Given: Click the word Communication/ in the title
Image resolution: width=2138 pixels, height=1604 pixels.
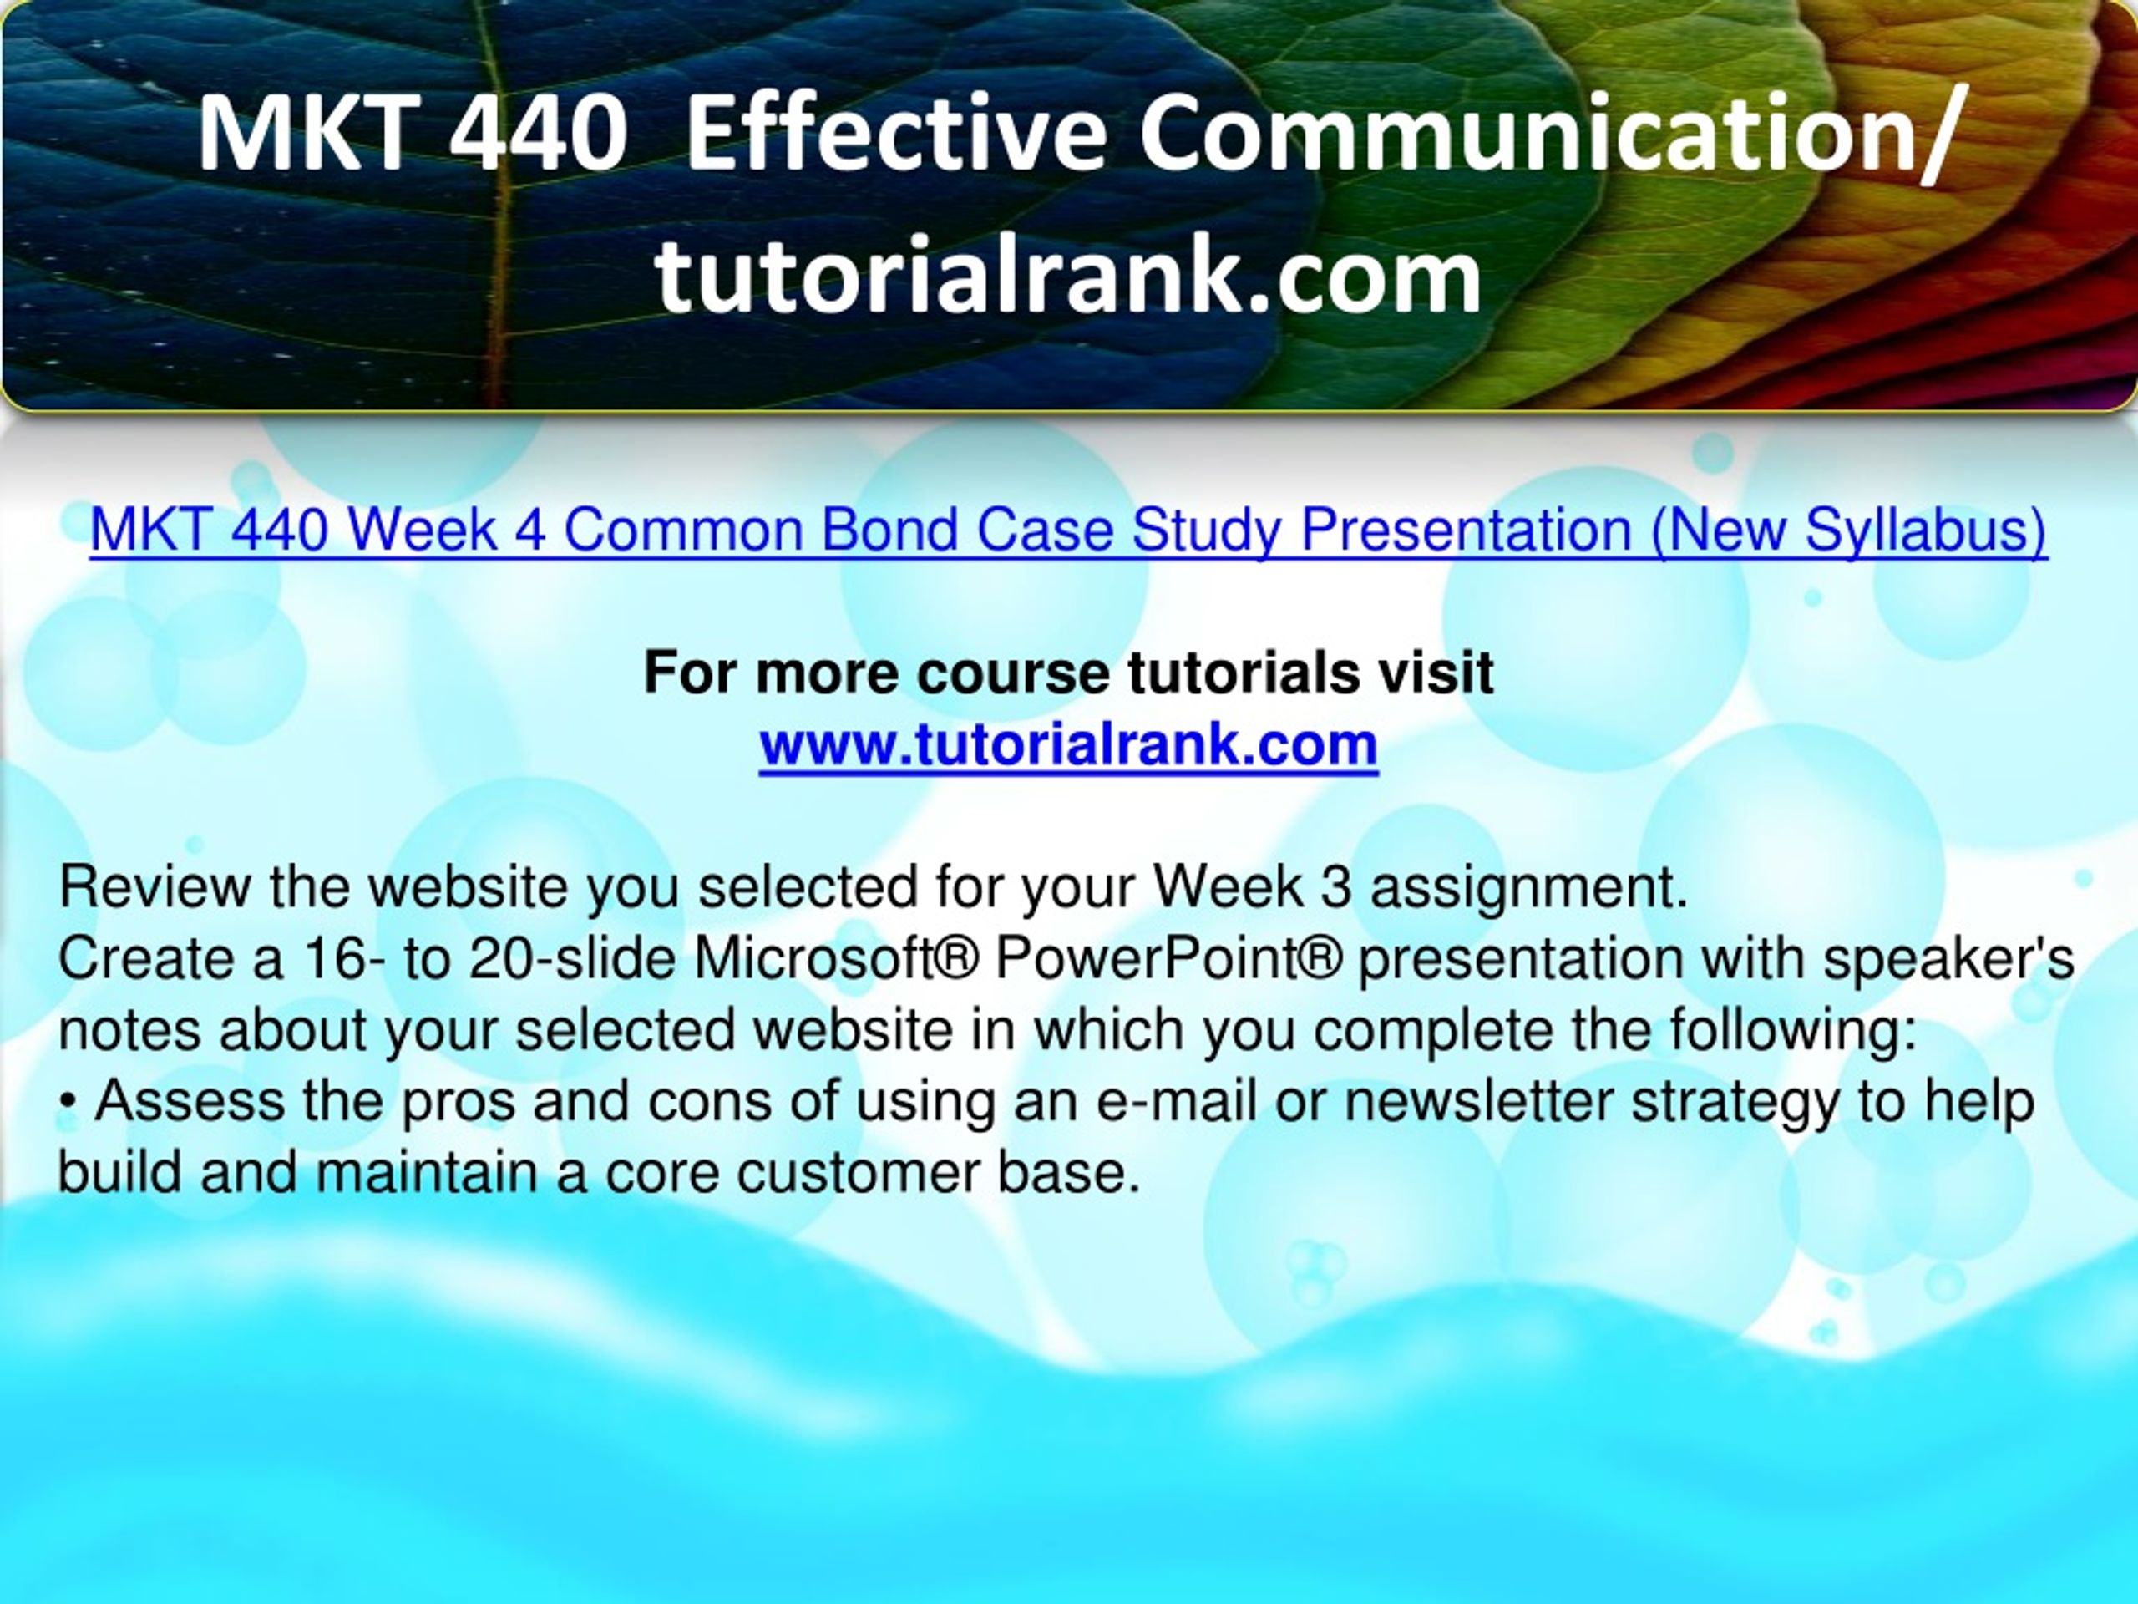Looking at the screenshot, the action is click(x=1549, y=135).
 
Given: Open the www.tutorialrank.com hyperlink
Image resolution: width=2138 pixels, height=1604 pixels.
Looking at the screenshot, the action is click(x=1069, y=744).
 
